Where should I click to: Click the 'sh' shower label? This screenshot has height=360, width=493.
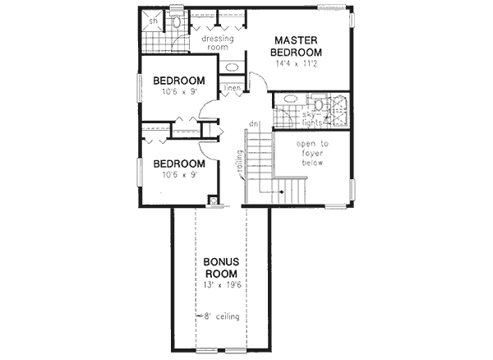click(x=141, y=22)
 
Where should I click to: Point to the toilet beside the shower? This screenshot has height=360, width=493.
click(x=177, y=22)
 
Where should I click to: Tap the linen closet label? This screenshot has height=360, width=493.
click(x=231, y=88)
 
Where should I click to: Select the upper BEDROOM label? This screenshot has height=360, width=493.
click(x=178, y=81)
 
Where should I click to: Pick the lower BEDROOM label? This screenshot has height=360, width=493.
click(x=178, y=164)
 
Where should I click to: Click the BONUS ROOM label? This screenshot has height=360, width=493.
click(x=221, y=267)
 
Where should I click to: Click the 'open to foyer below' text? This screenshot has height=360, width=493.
click(x=312, y=153)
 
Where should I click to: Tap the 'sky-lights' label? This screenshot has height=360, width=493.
click(x=310, y=119)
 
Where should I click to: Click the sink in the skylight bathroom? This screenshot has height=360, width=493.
click(x=289, y=99)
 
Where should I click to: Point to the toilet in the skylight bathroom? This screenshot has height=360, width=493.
click(x=319, y=105)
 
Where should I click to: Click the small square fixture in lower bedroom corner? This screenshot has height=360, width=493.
click(x=214, y=198)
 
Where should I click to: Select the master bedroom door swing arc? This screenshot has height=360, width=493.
click(x=256, y=81)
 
